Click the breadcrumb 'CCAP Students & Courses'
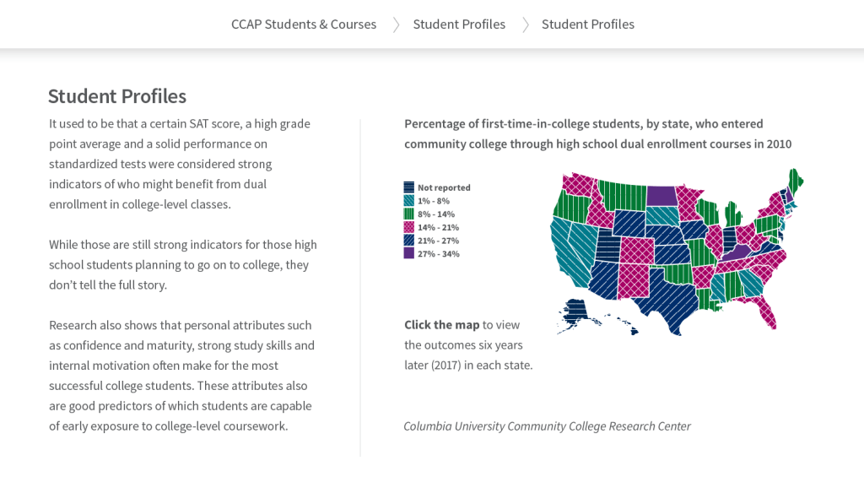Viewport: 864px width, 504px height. pos(304,24)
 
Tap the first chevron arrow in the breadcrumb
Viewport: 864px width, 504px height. pos(396,24)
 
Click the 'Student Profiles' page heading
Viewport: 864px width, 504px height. pos(117,96)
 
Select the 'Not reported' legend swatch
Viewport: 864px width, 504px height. pos(409,187)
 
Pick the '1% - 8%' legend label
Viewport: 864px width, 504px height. pos(433,201)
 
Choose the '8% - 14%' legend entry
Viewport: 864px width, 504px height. pos(435,214)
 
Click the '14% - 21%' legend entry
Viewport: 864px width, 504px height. pos(438,227)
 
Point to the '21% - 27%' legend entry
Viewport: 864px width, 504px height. pos(438,241)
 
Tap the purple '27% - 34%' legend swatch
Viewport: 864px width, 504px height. pos(409,253)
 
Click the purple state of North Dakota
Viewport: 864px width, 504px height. pos(661,195)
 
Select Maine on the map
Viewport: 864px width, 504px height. pos(795,181)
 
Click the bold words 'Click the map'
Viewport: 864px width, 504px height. pos(441,325)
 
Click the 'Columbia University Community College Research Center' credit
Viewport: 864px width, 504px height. pos(547,426)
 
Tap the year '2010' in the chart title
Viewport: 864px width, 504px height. pos(779,144)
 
